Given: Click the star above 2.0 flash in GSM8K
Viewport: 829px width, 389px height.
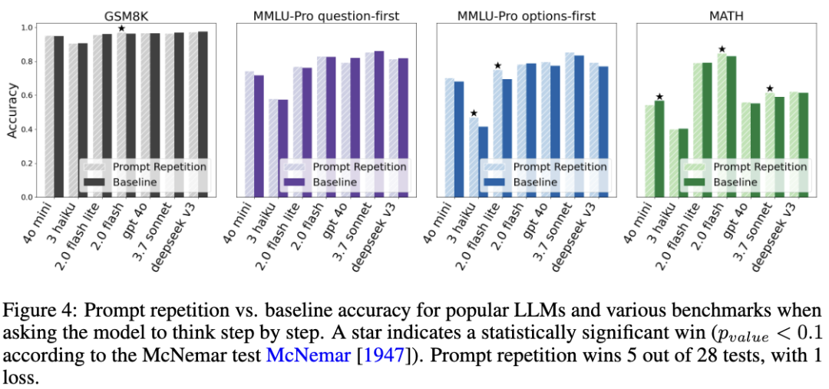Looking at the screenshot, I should click(121, 28).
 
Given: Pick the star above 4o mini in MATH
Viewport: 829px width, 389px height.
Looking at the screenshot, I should click(659, 96).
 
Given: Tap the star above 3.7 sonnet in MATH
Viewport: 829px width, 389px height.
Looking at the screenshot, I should click(770, 88).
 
